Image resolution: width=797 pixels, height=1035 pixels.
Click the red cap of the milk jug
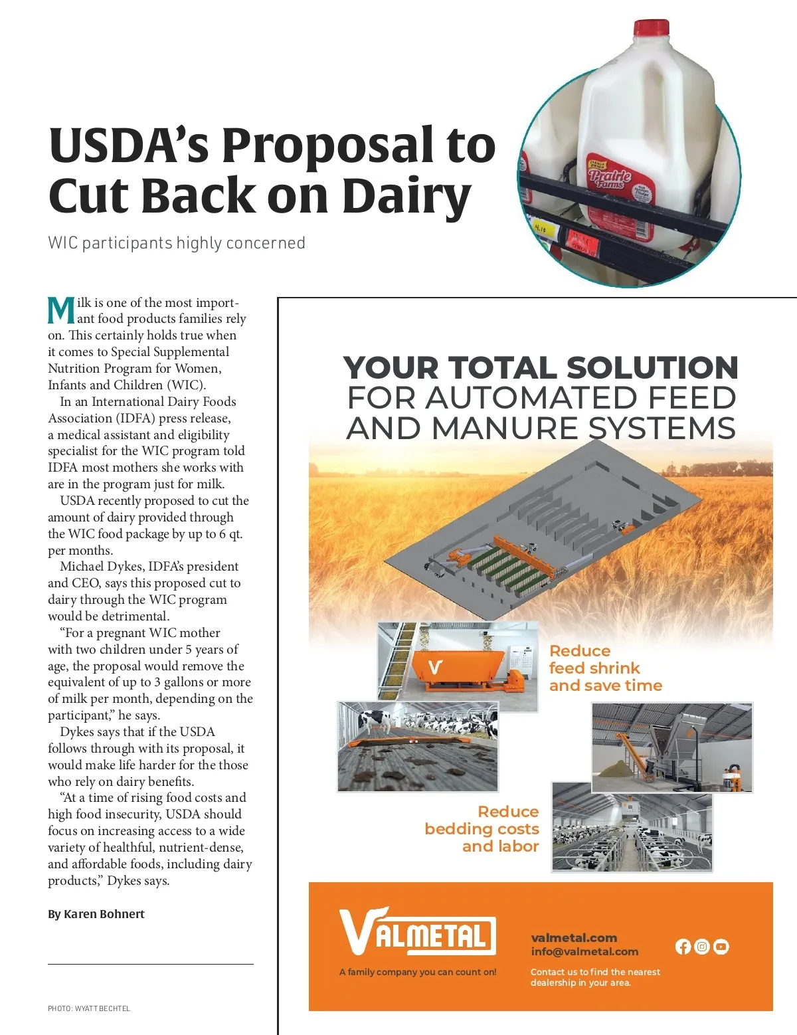(651, 28)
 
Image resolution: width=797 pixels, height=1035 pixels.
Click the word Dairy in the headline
(406, 197)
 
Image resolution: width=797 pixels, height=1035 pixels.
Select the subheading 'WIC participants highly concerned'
(177, 243)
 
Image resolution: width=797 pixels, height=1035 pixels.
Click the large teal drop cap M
(61, 311)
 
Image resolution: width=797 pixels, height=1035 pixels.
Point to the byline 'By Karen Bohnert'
(96, 914)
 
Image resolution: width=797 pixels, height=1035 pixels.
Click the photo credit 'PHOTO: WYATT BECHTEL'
(89, 1008)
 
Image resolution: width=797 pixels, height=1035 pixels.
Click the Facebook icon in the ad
(683, 947)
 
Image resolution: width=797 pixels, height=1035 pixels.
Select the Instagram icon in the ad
(702, 947)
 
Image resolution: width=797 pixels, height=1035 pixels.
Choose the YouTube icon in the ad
(721, 947)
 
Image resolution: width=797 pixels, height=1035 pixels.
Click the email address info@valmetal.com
(584, 951)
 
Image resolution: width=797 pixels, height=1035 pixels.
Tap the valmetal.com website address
(574, 937)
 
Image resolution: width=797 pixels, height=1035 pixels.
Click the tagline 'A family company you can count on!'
(418, 972)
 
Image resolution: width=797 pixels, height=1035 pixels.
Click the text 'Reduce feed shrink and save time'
(605, 668)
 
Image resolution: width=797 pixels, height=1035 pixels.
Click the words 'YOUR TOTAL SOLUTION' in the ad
(541, 367)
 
